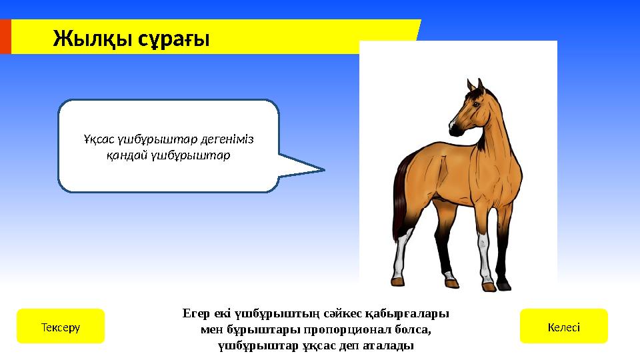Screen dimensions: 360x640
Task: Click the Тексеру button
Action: pyautogui.click(x=60, y=327)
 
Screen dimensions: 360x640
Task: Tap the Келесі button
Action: pyautogui.click(x=563, y=327)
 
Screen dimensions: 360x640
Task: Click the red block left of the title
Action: pyautogui.click(x=5, y=37)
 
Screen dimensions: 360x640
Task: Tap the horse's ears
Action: pyautogui.click(x=474, y=85)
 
